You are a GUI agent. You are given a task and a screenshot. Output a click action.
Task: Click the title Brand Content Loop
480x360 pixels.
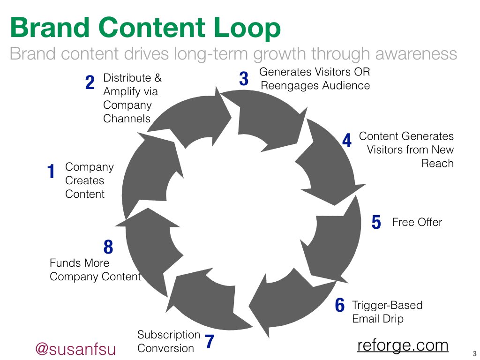[145, 28]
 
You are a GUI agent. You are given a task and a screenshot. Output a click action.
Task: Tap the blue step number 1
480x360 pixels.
[52, 172]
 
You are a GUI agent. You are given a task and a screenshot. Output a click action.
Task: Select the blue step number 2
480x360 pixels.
[90, 83]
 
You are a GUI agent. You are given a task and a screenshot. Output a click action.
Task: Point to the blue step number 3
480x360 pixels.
[244, 79]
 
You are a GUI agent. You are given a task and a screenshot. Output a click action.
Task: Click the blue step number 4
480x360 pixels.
[346, 141]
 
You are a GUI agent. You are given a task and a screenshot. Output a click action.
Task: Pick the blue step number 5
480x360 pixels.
[376, 222]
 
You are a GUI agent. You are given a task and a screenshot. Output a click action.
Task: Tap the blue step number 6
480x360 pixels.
[340, 306]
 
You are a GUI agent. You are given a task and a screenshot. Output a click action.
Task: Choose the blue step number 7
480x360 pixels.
[210, 342]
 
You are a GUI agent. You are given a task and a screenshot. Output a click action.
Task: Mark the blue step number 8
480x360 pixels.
[108, 247]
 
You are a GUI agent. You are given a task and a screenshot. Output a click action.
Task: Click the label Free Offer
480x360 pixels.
[417, 222]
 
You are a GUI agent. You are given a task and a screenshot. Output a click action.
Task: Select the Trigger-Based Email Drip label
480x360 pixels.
[387, 312]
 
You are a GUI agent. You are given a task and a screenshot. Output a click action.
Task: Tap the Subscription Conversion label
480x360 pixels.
[168, 342]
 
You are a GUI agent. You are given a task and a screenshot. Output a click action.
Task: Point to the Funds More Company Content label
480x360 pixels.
[95, 270]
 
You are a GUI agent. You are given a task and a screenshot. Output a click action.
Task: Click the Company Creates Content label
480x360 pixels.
[89, 180]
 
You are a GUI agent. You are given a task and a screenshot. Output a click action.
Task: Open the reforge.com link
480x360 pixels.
[403, 345]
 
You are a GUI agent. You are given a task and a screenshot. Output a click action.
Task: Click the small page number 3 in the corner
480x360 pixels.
[474, 354]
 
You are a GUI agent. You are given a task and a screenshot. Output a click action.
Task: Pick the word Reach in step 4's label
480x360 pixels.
[437, 164]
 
